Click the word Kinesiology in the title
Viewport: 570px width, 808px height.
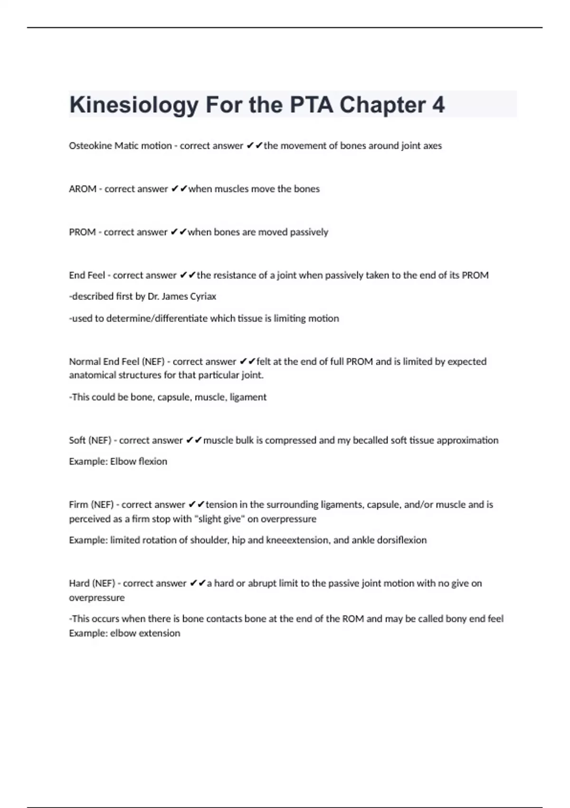133,105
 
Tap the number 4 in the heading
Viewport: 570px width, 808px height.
438,105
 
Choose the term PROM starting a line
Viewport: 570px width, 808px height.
82,232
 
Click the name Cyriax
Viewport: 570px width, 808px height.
203,297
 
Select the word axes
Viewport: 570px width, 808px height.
432,146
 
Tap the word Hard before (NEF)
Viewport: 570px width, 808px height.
79,584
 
